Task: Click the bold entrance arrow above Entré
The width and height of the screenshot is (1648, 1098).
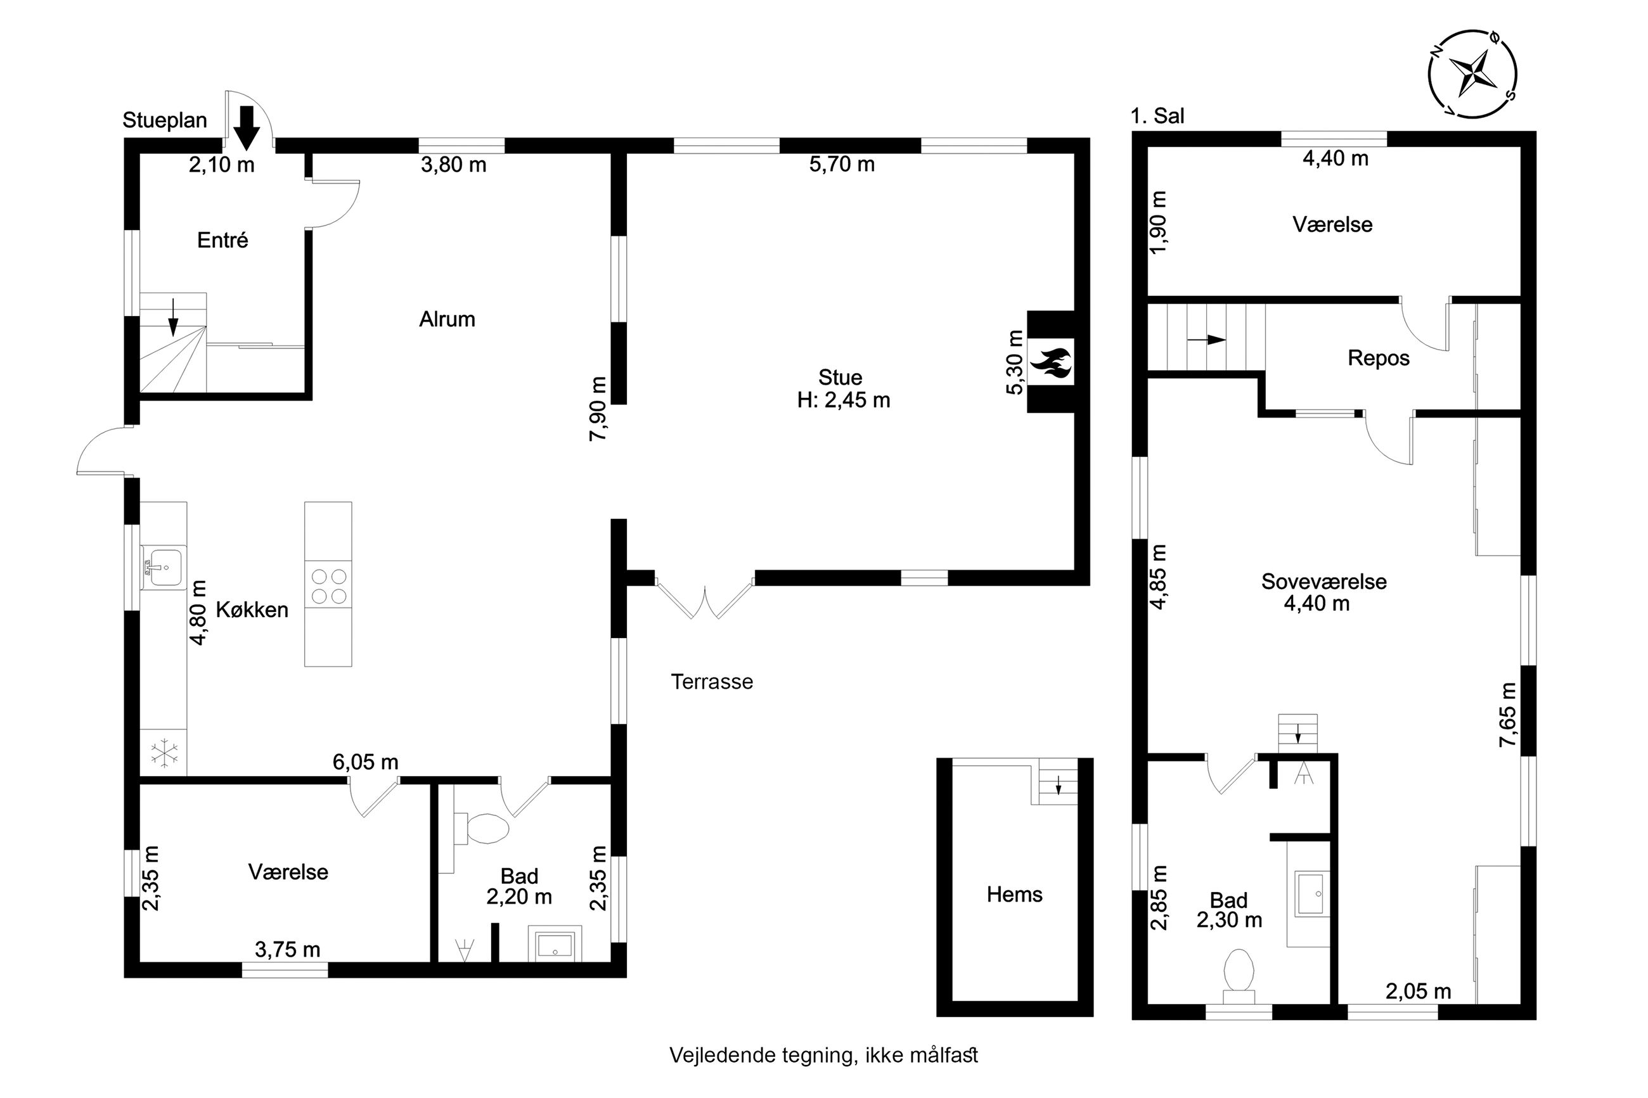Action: (x=247, y=127)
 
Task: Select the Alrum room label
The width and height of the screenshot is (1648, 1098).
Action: (x=447, y=319)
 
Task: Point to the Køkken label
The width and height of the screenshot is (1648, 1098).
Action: (x=252, y=610)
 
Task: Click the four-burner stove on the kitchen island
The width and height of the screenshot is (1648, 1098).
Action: (x=328, y=587)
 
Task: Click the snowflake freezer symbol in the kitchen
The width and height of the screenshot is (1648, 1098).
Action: (x=164, y=753)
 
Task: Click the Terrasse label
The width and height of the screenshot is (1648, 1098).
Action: (x=712, y=681)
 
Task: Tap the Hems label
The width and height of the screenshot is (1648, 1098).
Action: (x=1015, y=894)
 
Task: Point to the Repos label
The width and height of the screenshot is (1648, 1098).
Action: (x=1379, y=359)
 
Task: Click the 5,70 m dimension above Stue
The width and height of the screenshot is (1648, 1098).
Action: (x=842, y=165)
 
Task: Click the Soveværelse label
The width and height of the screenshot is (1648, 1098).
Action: (x=1323, y=581)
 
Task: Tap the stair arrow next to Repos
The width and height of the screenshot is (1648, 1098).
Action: (x=1206, y=340)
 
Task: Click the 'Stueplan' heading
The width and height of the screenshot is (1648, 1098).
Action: (x=165, y=120)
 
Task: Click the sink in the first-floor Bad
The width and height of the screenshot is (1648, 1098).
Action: (x=1311, y=893)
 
